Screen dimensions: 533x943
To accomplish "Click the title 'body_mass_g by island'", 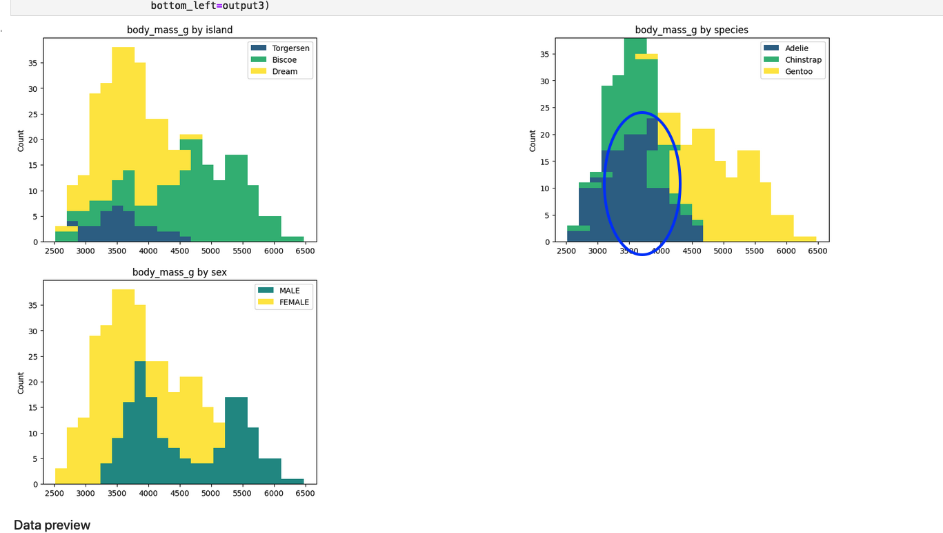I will pos(179,30).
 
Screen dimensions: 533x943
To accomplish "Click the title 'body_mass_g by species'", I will pos(691,30).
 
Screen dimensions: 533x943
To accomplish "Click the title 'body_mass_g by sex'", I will pos(179,272).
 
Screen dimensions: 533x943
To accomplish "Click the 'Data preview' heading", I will pos(52,525).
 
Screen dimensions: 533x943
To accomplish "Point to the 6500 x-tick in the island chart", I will pos(304,251).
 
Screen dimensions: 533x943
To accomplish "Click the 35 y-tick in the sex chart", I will pos(32,305).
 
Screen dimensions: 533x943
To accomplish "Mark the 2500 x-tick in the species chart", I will pos(567,251).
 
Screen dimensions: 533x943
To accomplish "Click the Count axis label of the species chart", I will pos(533,141).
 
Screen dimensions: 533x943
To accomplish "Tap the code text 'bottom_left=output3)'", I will pos(210,6).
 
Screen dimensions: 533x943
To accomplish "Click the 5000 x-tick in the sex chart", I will pos(210,494).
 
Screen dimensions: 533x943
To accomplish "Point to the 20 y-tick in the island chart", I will pos(32,139).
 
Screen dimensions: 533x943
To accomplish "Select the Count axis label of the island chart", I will pos(21,141).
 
